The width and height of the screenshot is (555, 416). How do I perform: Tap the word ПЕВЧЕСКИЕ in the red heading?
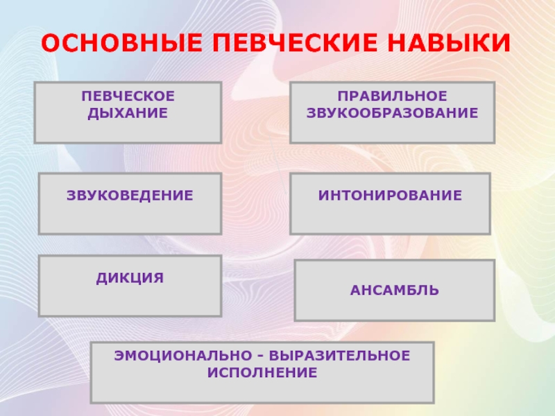[295, 43]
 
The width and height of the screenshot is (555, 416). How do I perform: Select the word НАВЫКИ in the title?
[449, 43]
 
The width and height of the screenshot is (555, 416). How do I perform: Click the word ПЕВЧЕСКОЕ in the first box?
[128, 96]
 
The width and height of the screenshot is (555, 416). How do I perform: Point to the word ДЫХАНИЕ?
[128, 113]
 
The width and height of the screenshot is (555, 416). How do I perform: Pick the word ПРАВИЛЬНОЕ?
[392, 96]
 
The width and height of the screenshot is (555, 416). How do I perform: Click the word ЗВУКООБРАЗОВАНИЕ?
[392, 113]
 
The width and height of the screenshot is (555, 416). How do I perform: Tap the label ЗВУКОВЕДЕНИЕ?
[130, 196]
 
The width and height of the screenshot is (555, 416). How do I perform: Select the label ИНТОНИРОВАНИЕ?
[390, 196]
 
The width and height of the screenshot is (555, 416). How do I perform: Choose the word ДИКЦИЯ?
[130, 278]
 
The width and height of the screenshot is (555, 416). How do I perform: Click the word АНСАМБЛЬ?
[395, 291]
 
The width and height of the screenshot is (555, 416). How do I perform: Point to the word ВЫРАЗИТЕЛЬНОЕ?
[339, 356]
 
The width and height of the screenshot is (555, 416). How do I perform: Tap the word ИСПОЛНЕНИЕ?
[262, 373]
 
